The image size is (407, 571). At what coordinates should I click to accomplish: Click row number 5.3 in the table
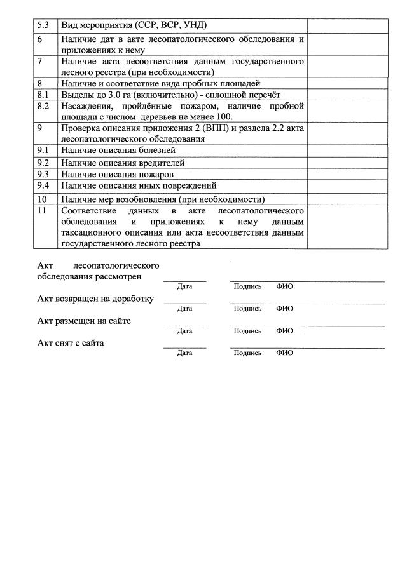pyautogui.click(x=43, y=25)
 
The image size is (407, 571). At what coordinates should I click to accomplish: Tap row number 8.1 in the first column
pyautogui.click(x=43, y=94)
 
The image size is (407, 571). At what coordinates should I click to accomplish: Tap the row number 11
pyautogui.click(x=42, y=210)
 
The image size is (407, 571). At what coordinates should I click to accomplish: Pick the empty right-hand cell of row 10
pyautogui.click(x=347, y=199)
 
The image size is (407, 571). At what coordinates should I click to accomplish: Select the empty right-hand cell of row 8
pyautogui.click(x=347, y=83)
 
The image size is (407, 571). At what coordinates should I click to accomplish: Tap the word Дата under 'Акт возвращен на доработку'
pyautogui.click(x=184, y=309)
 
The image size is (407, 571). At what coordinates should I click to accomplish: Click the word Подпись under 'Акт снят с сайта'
pyautogui.click(x=247, y=353)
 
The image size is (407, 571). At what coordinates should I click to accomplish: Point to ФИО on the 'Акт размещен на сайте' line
pyautogui.click(x=284, y=331)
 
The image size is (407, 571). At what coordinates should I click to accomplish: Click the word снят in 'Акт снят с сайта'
pyautogui.click(x=66, y=343)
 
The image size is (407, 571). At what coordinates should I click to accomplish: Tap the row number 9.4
pyautogui.click(x=43, y=185)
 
